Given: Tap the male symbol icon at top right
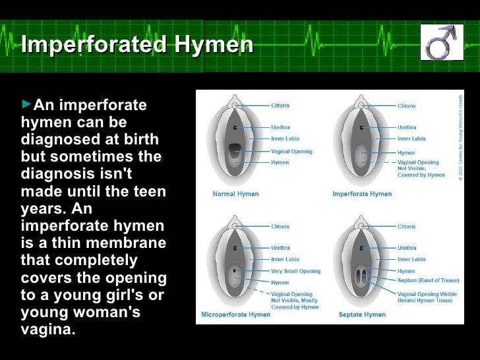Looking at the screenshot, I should pyautogui.click(x=437, y=42).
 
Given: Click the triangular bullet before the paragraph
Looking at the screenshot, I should pyautogui.click(x=26, y=105).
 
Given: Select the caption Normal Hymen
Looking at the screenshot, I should pyautogui.click(x=235, y=194).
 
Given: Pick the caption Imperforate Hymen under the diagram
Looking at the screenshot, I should pyautogui.click(x=362, y=194).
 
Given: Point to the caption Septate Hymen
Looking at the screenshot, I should pyautogui.click(x=362, y=315).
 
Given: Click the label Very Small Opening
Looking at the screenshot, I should pyautogui.click(x=295, y=271).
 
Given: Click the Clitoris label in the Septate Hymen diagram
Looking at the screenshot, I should pyautogui.click(x=406, y=226).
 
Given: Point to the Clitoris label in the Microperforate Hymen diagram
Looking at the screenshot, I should pyautogui.click(x=280, y=226).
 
